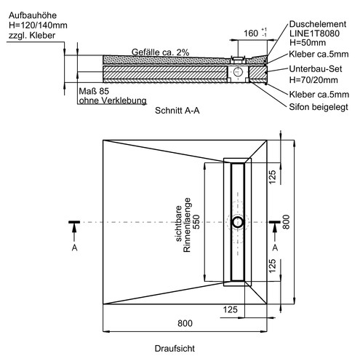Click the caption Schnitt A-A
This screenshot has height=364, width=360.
pos(177,111)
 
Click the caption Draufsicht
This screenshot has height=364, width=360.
pos(175,349)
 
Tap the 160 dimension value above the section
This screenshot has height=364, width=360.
pos(251,33)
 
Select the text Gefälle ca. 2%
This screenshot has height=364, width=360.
pos(160,52)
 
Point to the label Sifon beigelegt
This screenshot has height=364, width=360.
pos(319,107)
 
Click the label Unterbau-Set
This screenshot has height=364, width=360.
pos(316,69)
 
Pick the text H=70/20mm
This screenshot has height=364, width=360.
pos(313,80)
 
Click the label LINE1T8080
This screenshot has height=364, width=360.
pos(314,33)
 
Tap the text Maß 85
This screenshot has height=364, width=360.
pos(94,91)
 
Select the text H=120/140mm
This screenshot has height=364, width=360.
pos(38,25)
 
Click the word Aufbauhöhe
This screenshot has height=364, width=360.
pos(33,15)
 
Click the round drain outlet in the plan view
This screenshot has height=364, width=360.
pos(238,222)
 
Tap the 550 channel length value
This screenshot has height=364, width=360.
pos(196,222)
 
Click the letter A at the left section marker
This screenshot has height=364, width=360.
pos(75,248)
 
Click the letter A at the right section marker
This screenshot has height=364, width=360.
pos(275,248)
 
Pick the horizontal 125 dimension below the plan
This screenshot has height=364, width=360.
pos(231,309)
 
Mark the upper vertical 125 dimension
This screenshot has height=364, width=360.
pos(272,177)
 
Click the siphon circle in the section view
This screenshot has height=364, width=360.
pos(238,72)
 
